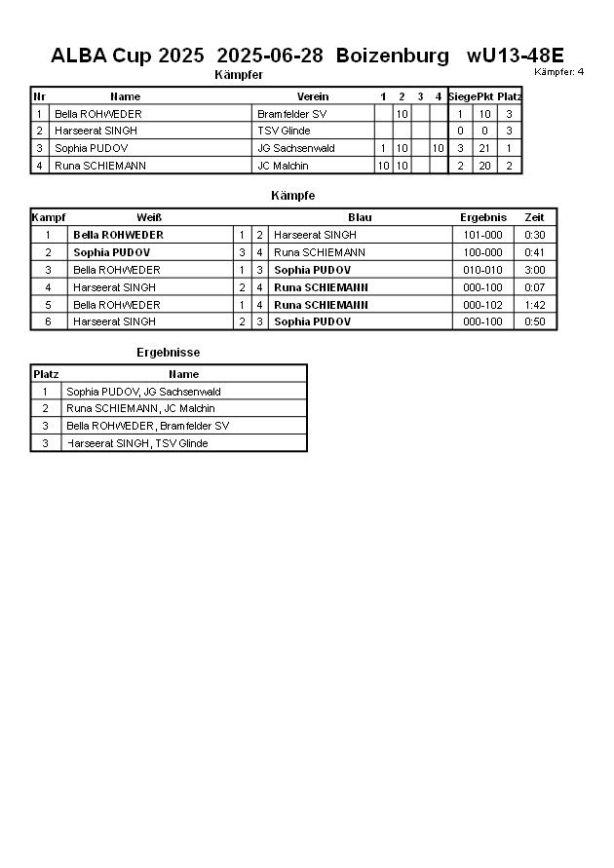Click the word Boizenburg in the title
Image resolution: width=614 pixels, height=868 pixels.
tap(393, 56)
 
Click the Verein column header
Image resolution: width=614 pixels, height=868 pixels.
tap(313, 96)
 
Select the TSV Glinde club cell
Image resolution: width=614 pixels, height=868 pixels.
tap(284, 132)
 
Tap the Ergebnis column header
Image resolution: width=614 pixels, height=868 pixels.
tap(483, 217)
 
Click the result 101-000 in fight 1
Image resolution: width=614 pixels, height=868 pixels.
tap(483, 235)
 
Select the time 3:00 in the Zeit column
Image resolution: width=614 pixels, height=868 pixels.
tap(535, 270)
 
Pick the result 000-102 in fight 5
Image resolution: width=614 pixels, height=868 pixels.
tap(483, 305)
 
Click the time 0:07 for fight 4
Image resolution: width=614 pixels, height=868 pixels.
tap(535, 287)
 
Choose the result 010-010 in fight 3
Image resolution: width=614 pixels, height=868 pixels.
tap(483, 270)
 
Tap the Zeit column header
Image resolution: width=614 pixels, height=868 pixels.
tap(535, 217)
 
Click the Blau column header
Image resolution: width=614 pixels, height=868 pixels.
tap(360, 217)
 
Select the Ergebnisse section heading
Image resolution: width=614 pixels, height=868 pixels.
tap(168, 353)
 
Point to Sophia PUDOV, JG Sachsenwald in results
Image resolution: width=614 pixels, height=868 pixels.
tap(143, 392)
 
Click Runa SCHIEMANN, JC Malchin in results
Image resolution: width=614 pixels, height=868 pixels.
tap(140, 409)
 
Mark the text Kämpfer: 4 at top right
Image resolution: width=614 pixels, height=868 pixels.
tap(559, 71)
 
